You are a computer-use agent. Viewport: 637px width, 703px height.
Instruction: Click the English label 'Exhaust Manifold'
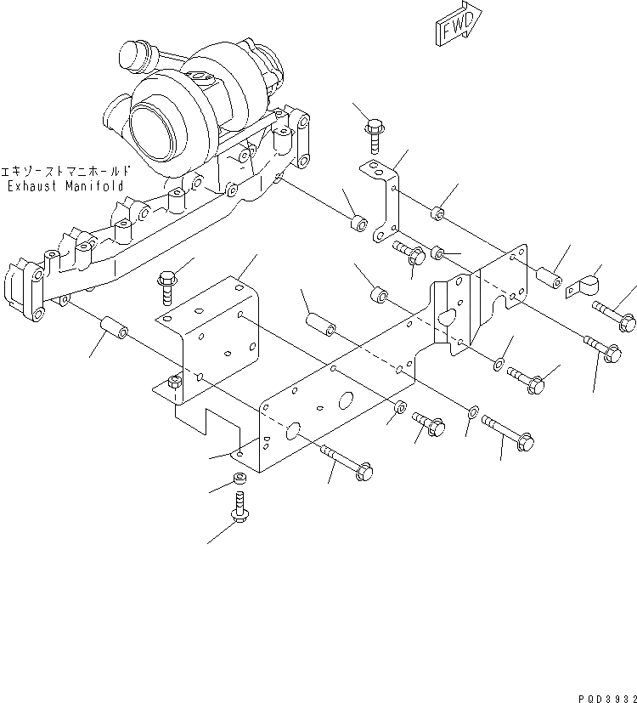pos(65,186)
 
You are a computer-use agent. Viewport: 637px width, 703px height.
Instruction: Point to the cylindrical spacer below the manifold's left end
pos(113,328)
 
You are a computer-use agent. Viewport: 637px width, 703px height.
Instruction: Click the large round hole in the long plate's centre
pos(347,402)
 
